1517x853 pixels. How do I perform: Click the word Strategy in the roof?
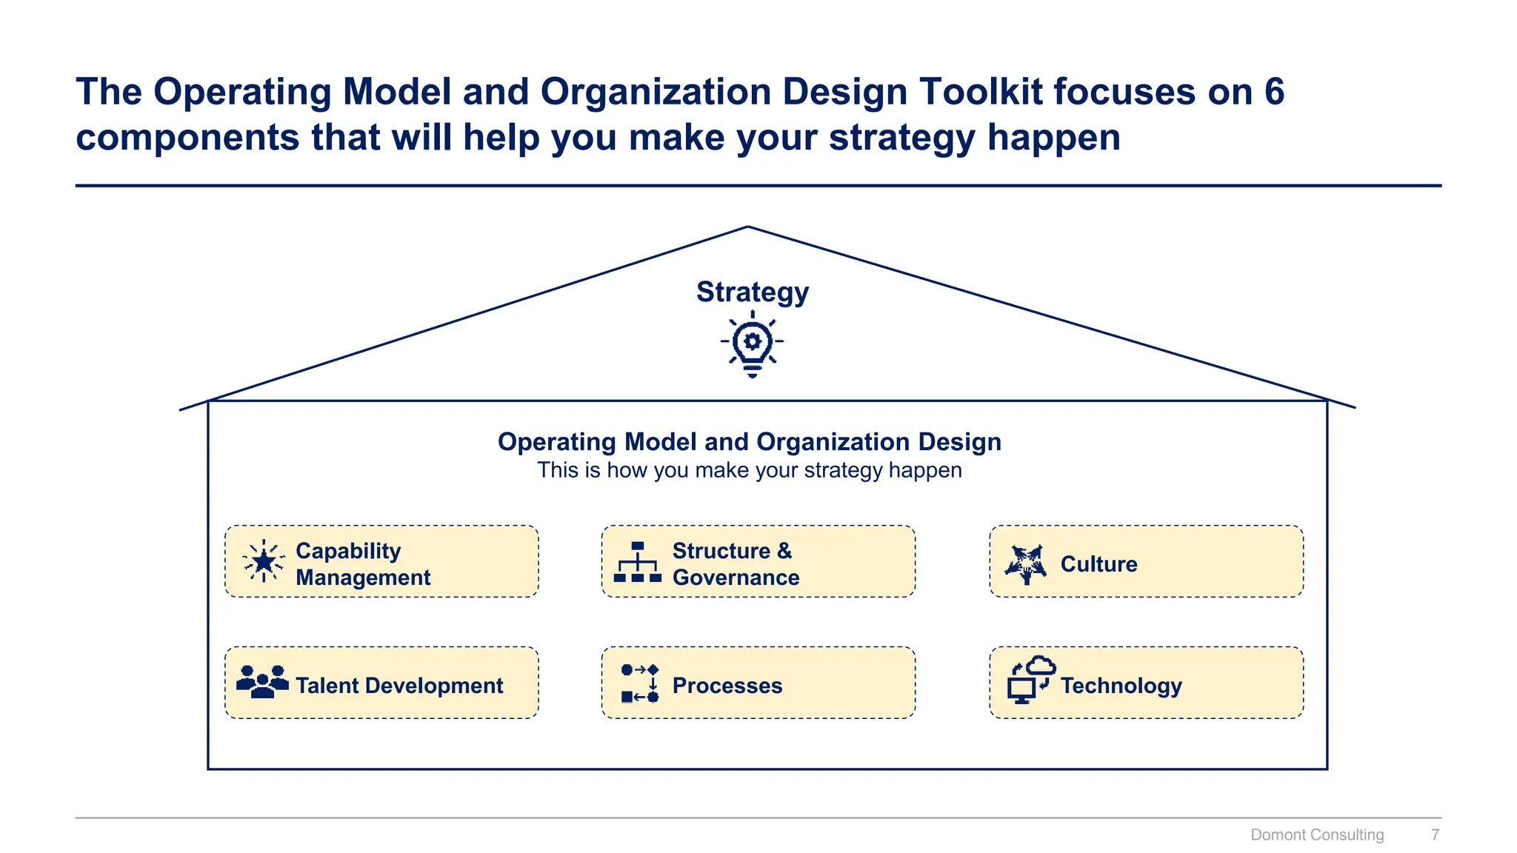coord(752,292)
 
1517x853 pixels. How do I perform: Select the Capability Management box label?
coord(363,563)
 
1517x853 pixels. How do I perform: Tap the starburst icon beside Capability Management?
coord(264,561)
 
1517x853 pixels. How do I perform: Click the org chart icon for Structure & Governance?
coord(637,562)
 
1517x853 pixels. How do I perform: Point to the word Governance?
coord(736,578)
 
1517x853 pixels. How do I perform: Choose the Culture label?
coord(1098,564)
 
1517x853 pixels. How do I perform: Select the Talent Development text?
coord(399,686)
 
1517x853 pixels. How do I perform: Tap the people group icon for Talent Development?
coord(262,682)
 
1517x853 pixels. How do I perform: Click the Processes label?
coord(727,686)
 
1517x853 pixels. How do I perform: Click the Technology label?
coord(1121,686)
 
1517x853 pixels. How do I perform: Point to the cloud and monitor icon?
coord(1030,680)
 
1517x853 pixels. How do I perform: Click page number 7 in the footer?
coord(1435,834)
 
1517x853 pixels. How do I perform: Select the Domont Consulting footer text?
coord(1316,834)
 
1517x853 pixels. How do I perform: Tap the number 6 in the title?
coord(1274,92)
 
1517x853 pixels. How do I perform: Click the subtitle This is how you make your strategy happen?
coord(749,470)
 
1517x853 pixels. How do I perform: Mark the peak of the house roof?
coord(748,227)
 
